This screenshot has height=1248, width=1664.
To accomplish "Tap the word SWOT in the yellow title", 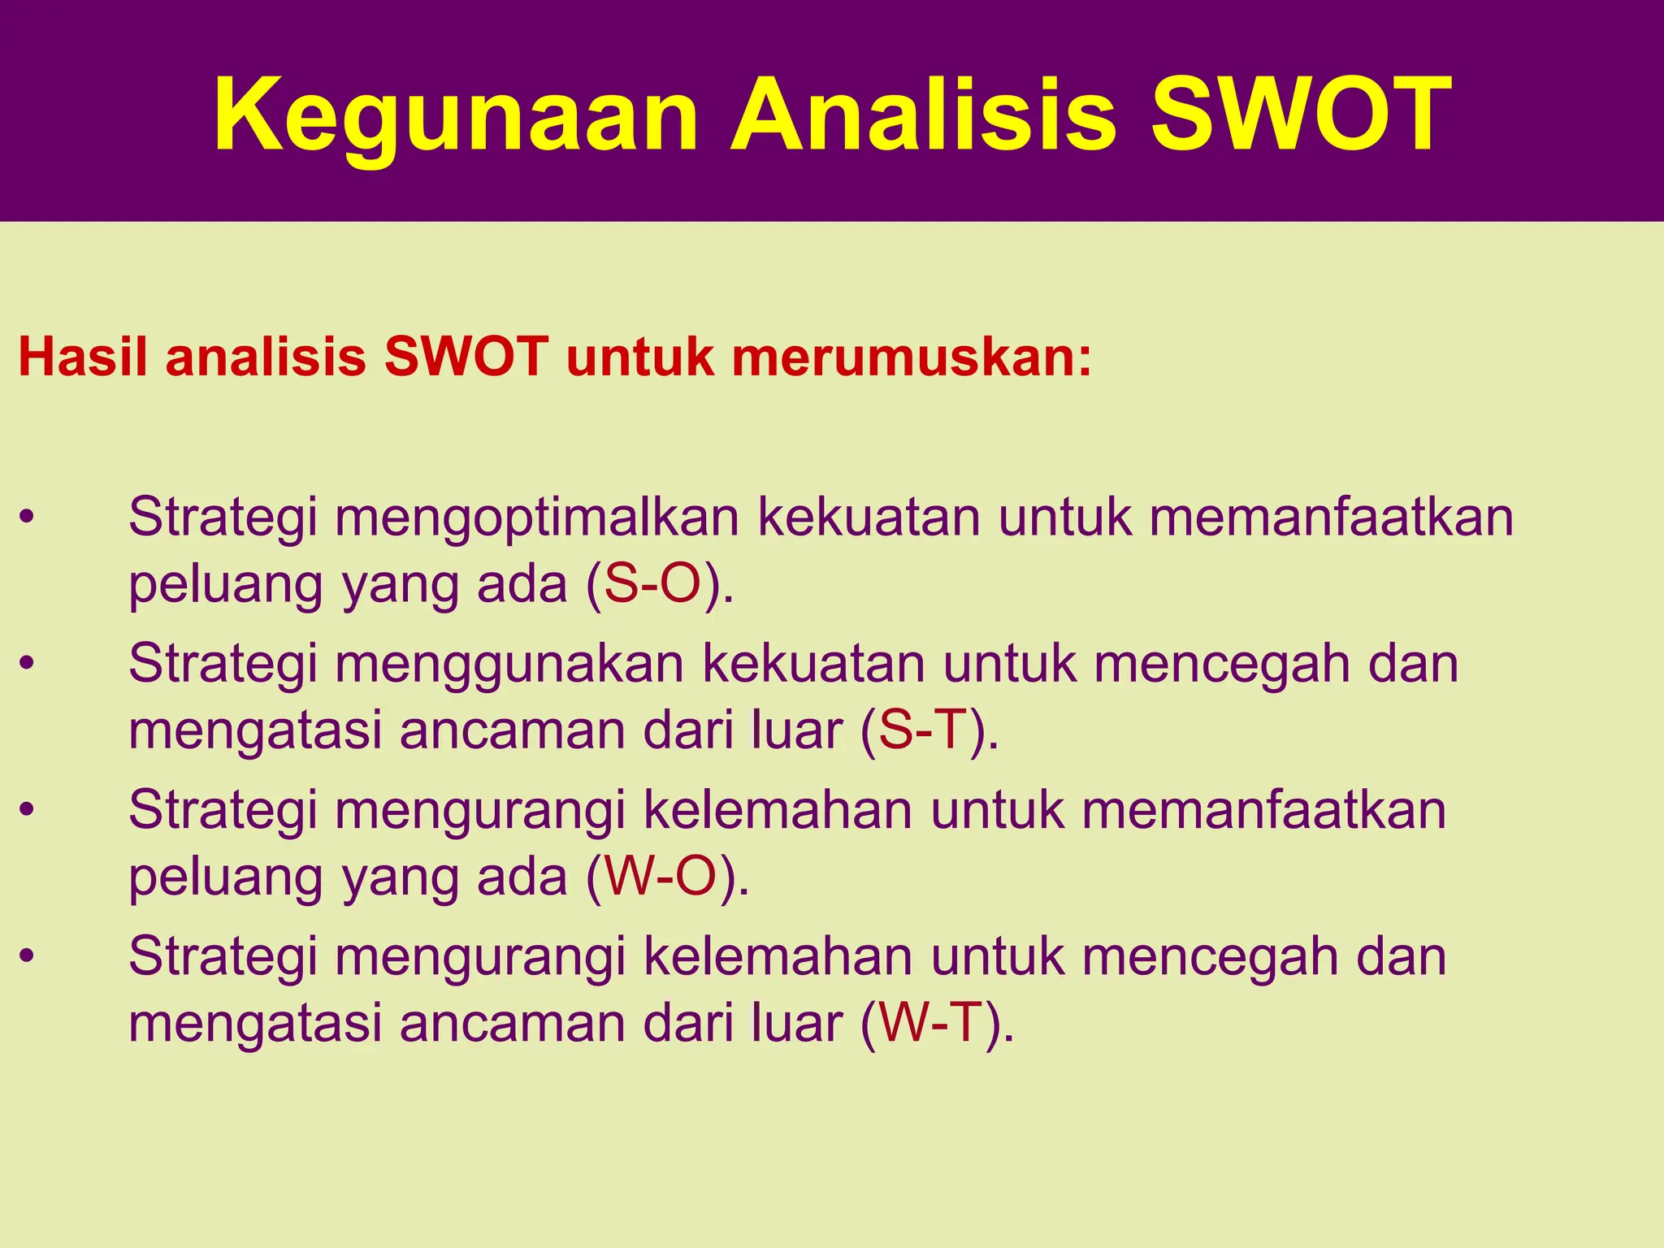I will [1300, 115].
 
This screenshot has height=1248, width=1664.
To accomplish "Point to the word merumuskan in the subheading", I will [910, 357].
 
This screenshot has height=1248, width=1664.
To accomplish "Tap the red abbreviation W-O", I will [661, 877].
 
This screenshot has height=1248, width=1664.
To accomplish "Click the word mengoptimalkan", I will [536, 518].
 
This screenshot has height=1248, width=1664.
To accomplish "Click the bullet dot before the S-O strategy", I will [28, 518].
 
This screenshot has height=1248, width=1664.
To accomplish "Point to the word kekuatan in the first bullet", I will [869, 517].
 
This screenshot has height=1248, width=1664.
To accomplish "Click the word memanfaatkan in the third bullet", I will [1263, 811].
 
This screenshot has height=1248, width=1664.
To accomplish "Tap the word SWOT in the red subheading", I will [466, 357].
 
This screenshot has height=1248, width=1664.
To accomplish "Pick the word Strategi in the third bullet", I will [223, 811].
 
